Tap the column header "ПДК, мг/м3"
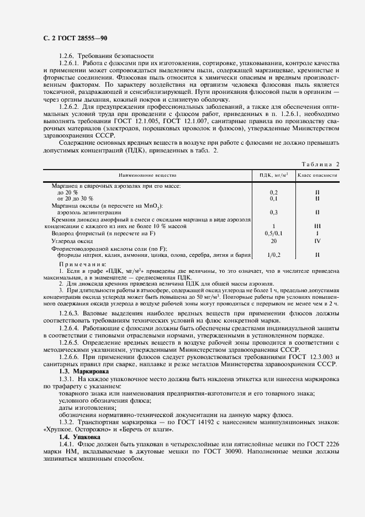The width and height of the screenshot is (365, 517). click(274, 175)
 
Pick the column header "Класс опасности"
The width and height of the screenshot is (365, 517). click(318, 175)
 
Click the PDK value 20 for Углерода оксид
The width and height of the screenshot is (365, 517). click(274, 241)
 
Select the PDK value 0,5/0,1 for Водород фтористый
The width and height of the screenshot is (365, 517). click(274, 234)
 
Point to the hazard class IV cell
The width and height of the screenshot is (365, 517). click(318, 241)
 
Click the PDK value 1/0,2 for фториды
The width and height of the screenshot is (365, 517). click(274, 255)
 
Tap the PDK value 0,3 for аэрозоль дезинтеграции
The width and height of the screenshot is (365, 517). click(274, 212)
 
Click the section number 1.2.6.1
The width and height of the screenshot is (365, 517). click(70, 64)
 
